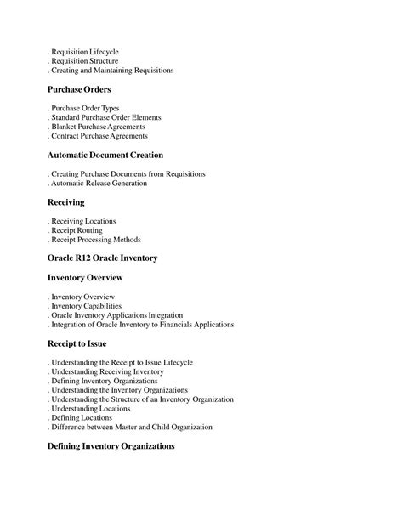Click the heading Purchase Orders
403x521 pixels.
coord(79,89)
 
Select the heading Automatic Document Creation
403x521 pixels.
coord(105,156)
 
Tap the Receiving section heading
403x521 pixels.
coord(65,203)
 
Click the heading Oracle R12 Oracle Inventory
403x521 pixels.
coord(102,258)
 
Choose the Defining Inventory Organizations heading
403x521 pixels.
coord(111,445)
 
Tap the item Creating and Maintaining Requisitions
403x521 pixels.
coord(111,71)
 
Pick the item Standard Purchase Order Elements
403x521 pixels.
coord(105,117)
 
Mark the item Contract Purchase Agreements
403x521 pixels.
coord(99,136)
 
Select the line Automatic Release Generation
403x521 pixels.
coord(99,183)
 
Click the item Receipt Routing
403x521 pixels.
coord(77,230)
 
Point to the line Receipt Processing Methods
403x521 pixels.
coord(94,240)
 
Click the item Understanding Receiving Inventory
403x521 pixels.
coord(107,371)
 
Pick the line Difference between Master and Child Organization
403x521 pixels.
coord(131,427)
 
